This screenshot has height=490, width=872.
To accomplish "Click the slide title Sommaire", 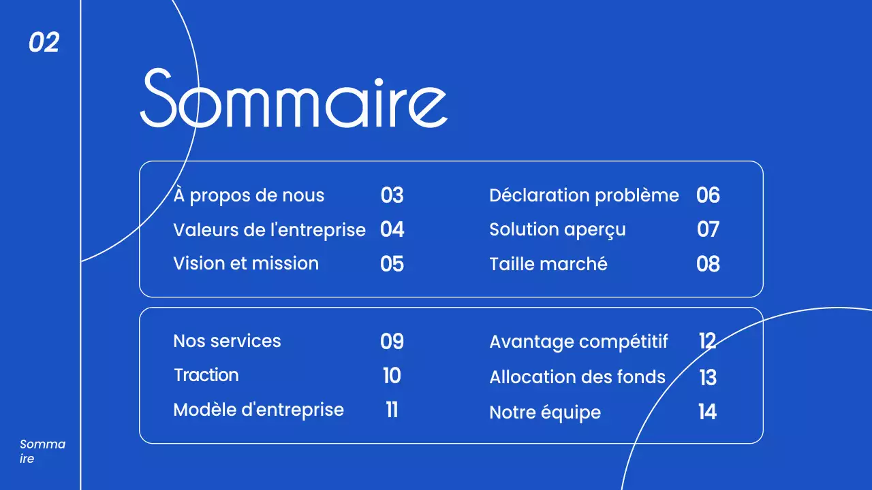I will (294, 99).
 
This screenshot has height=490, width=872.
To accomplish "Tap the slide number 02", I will (44, 43).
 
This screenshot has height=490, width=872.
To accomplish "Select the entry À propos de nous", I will (249, 196).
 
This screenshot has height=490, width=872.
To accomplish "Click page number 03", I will (392, 196).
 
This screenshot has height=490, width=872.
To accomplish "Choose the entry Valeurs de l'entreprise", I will (269, 230).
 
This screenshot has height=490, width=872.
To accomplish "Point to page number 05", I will (392, 264).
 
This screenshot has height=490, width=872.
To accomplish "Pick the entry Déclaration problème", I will (584, 196).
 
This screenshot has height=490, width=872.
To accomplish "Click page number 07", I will (708, 230).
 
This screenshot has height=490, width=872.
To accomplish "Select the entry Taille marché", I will (548, 264).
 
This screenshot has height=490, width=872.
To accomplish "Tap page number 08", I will (708, 264).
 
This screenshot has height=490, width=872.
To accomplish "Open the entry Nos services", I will (227, 341).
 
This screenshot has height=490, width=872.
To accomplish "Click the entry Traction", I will (206, 375).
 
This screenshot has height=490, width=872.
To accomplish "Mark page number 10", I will (392, 376).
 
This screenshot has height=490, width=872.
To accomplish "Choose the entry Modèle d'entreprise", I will (258, 410).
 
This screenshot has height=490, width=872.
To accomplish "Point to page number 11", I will (392, 410).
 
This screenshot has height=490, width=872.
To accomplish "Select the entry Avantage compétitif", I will (578, 342).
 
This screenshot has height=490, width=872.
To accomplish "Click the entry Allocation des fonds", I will (577, 377).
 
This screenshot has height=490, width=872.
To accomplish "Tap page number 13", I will (708, 378).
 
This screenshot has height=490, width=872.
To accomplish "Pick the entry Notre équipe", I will (545, 412).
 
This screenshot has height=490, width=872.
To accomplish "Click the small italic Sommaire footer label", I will (42, 451).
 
